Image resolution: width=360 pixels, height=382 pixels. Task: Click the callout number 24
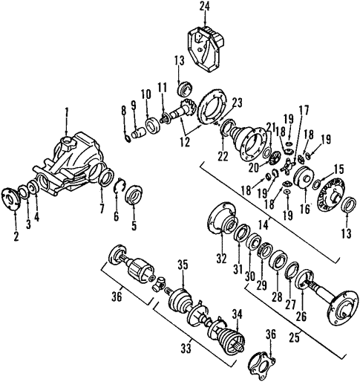tap(205, 7)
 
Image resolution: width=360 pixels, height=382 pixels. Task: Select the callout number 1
tap(67, 113)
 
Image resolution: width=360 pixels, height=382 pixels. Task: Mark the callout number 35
tap(183, 263)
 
